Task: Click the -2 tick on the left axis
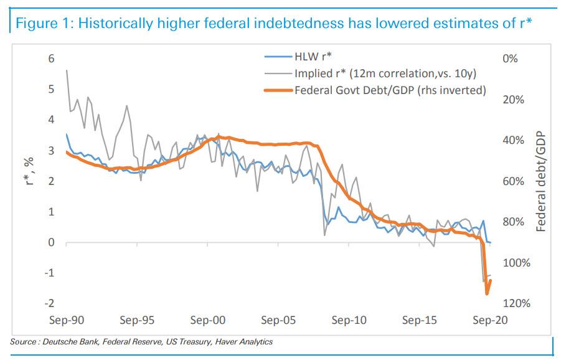pyautogui.click(x=50, y=303)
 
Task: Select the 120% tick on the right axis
pyautogui.click(x=516, y=303)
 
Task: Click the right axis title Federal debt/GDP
pyautogui.click(x=540, y=181)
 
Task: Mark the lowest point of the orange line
pyautogui.click(x=486, y=293)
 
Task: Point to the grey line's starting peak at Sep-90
pyautogui.click(x=66, y=70)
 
